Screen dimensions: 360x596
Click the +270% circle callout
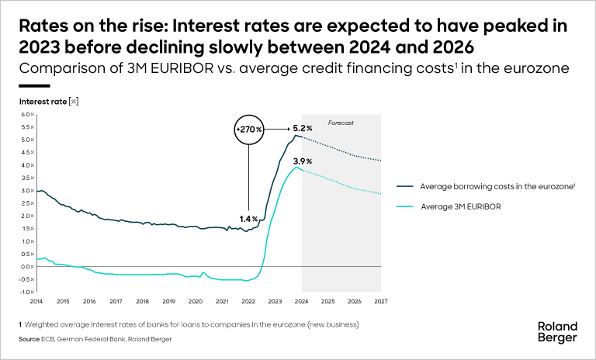(249, 128)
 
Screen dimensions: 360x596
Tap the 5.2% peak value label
(303, 128)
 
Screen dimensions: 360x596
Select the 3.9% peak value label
(303, 161)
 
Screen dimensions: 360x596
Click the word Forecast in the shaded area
(341, 123)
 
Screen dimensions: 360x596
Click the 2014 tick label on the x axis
(36, 301)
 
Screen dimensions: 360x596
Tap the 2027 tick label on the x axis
(381, 301)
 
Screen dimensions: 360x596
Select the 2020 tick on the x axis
(196, 301)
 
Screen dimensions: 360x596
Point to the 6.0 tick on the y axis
(26, 115)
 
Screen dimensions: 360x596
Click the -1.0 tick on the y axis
(26, 292)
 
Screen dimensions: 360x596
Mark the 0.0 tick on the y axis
(26, 267)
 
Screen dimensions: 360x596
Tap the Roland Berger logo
(558, 332)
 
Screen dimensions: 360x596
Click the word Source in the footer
(30, 338)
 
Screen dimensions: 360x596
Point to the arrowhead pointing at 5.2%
(289, 128)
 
